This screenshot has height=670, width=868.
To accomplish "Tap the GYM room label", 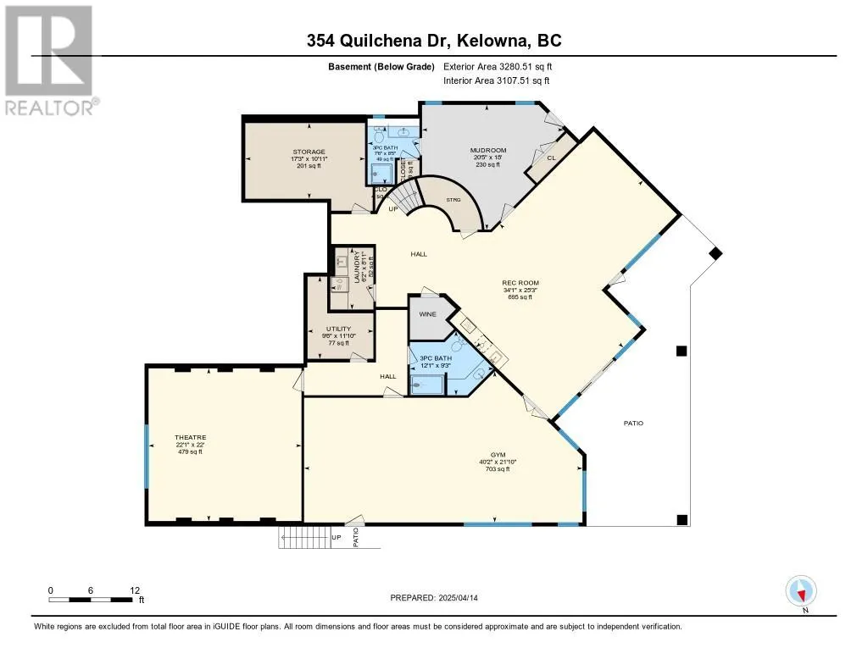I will (498, 455).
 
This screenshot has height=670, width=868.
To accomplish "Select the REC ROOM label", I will (520, 283).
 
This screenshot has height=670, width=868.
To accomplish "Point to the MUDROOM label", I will (487, 151).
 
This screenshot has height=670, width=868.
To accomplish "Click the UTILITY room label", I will (339, 329).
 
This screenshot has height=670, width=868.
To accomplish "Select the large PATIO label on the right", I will (633, 423).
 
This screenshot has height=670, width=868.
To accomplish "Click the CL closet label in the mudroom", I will (551, 158).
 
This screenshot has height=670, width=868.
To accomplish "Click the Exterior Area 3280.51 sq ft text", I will (498, 66).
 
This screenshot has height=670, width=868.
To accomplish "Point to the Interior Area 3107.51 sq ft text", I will (497, 80).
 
